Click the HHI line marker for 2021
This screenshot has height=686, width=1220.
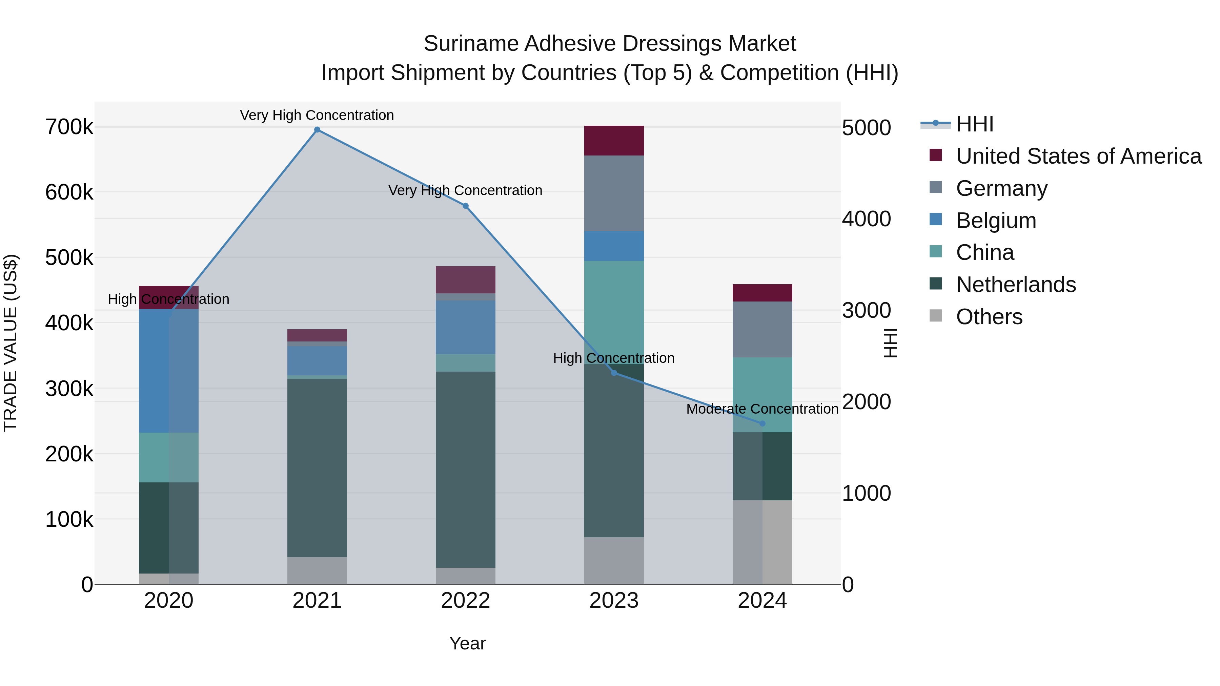(x=317, y=130)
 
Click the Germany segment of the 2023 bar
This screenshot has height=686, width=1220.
(x=614, y=193)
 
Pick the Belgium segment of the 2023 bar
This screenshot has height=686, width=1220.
(x=614, y=246)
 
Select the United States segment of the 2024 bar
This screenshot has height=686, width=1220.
(x=762, y=293)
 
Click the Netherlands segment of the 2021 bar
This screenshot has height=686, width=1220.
(x=317, y=468)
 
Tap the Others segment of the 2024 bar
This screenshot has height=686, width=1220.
(x=762, y=542)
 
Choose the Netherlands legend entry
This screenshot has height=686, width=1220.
(x=1015, y=285)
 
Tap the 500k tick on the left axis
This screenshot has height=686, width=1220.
(x=69, y=258)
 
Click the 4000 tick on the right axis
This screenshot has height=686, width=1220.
(x=866, y=219)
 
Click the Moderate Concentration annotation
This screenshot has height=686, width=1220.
(x=762, y=409)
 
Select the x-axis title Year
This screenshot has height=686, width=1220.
(x=467, y=643)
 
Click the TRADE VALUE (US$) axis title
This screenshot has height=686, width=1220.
(x=11, y=343)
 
